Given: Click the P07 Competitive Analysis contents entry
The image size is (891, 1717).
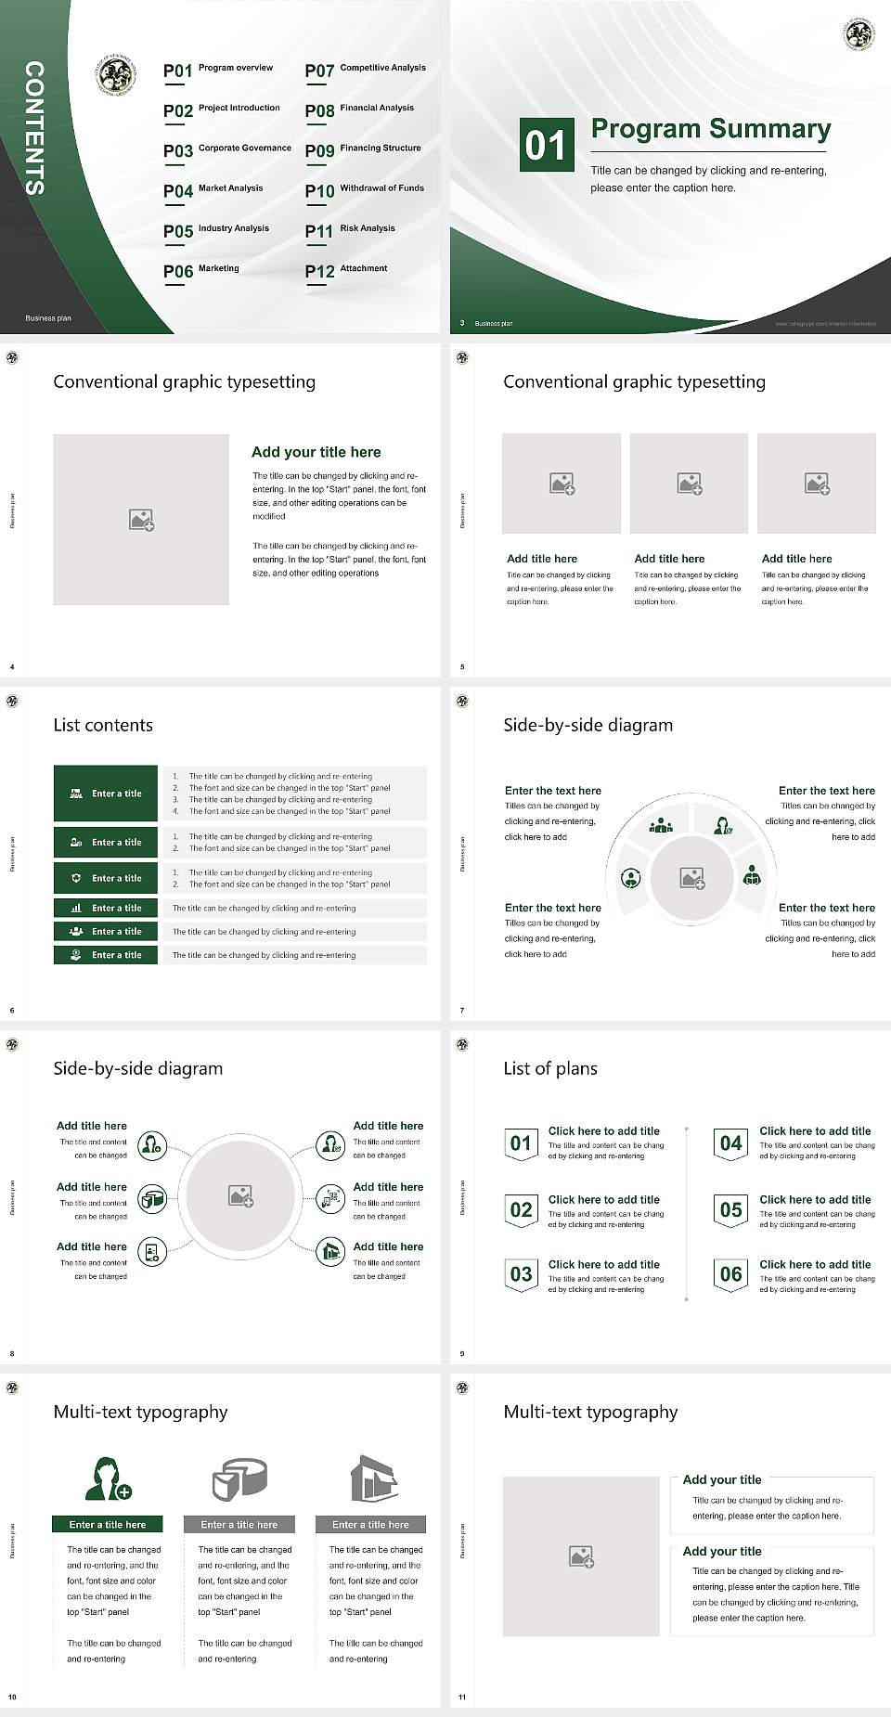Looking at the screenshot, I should point(365,70).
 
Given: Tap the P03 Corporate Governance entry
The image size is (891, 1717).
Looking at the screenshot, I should point(226,150).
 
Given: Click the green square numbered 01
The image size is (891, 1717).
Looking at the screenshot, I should point(547,145).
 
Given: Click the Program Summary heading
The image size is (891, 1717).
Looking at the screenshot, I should point(710,129).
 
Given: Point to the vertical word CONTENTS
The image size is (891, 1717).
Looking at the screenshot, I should point(33,128).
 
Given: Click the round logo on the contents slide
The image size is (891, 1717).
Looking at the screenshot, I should point(116,74).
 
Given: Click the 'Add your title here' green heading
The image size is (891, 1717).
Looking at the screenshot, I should point(316,452).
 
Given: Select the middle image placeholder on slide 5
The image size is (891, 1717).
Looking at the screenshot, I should point(689,484).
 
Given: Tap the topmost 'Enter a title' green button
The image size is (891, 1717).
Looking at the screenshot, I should point(106,794).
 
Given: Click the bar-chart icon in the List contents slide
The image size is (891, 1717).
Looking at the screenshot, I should point(76,909).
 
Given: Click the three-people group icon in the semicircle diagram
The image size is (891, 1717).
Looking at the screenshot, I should point(661,824).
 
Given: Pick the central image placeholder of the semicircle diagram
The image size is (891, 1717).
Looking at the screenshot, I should point(691,878).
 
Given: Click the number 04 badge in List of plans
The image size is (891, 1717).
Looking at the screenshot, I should point(731,1143).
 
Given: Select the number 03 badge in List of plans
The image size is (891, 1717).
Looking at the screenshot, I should point(521,1274).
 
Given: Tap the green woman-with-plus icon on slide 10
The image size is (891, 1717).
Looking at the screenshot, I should point(108,1478).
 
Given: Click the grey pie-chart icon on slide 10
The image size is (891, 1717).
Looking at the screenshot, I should point(239,1478).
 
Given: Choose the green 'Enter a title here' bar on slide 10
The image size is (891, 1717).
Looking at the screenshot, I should point(107,1524).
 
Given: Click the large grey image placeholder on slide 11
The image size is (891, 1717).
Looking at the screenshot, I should point(581,1556).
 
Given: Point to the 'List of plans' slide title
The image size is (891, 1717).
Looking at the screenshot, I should point(550,1068).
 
